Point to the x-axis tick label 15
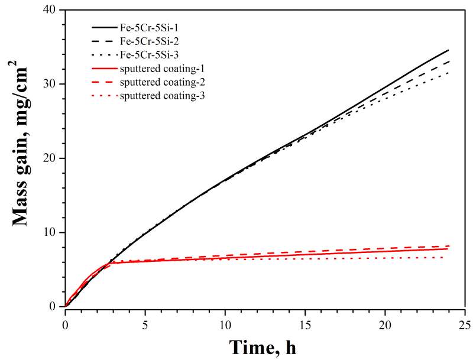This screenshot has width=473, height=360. [x=304, y=323]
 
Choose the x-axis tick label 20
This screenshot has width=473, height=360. [x=384, y=323]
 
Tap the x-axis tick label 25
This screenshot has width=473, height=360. [x=464, y=323]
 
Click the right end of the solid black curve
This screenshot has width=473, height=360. [x=449, y=50]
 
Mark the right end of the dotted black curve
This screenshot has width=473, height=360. [x=448, y=73]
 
